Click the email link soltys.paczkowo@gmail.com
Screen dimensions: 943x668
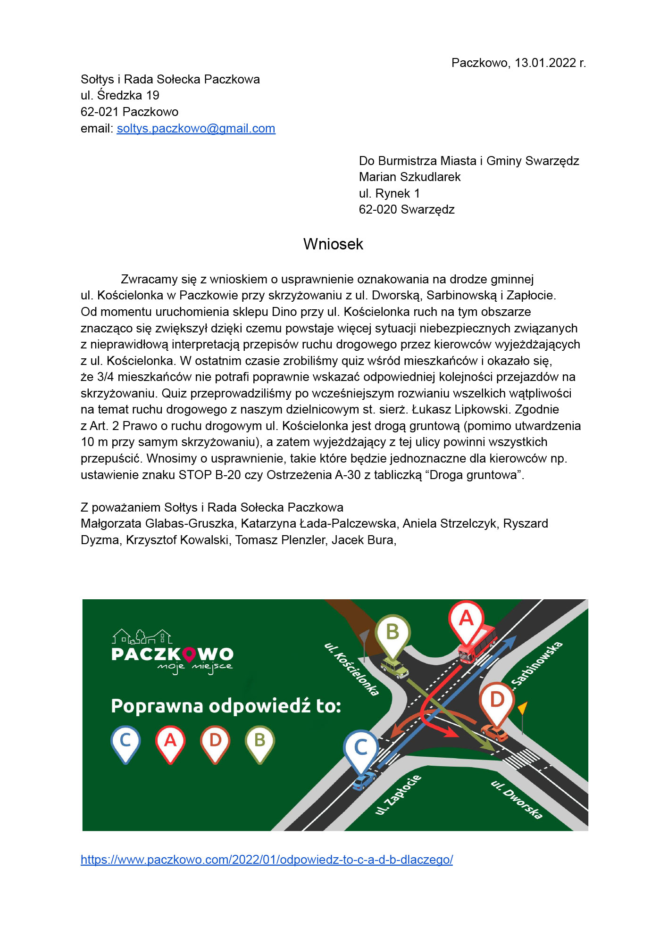[x=196, y=129]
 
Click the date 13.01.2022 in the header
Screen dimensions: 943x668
[x=545, y=63]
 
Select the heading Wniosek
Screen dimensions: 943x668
[x=333, y=244]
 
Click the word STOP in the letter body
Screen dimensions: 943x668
[x=195, y=475]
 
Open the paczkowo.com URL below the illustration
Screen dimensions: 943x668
[x=267, y=860]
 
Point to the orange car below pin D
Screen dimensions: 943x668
[x=494, y=733]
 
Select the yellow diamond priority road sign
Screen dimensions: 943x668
[x=522, y=708]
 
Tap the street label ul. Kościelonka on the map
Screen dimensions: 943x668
[x=351, y=669]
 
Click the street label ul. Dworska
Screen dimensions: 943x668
[x=517, y=800]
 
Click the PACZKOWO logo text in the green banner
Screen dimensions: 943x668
[x=172, y=654]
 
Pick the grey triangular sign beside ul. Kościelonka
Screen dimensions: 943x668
[x=364, y=639]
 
